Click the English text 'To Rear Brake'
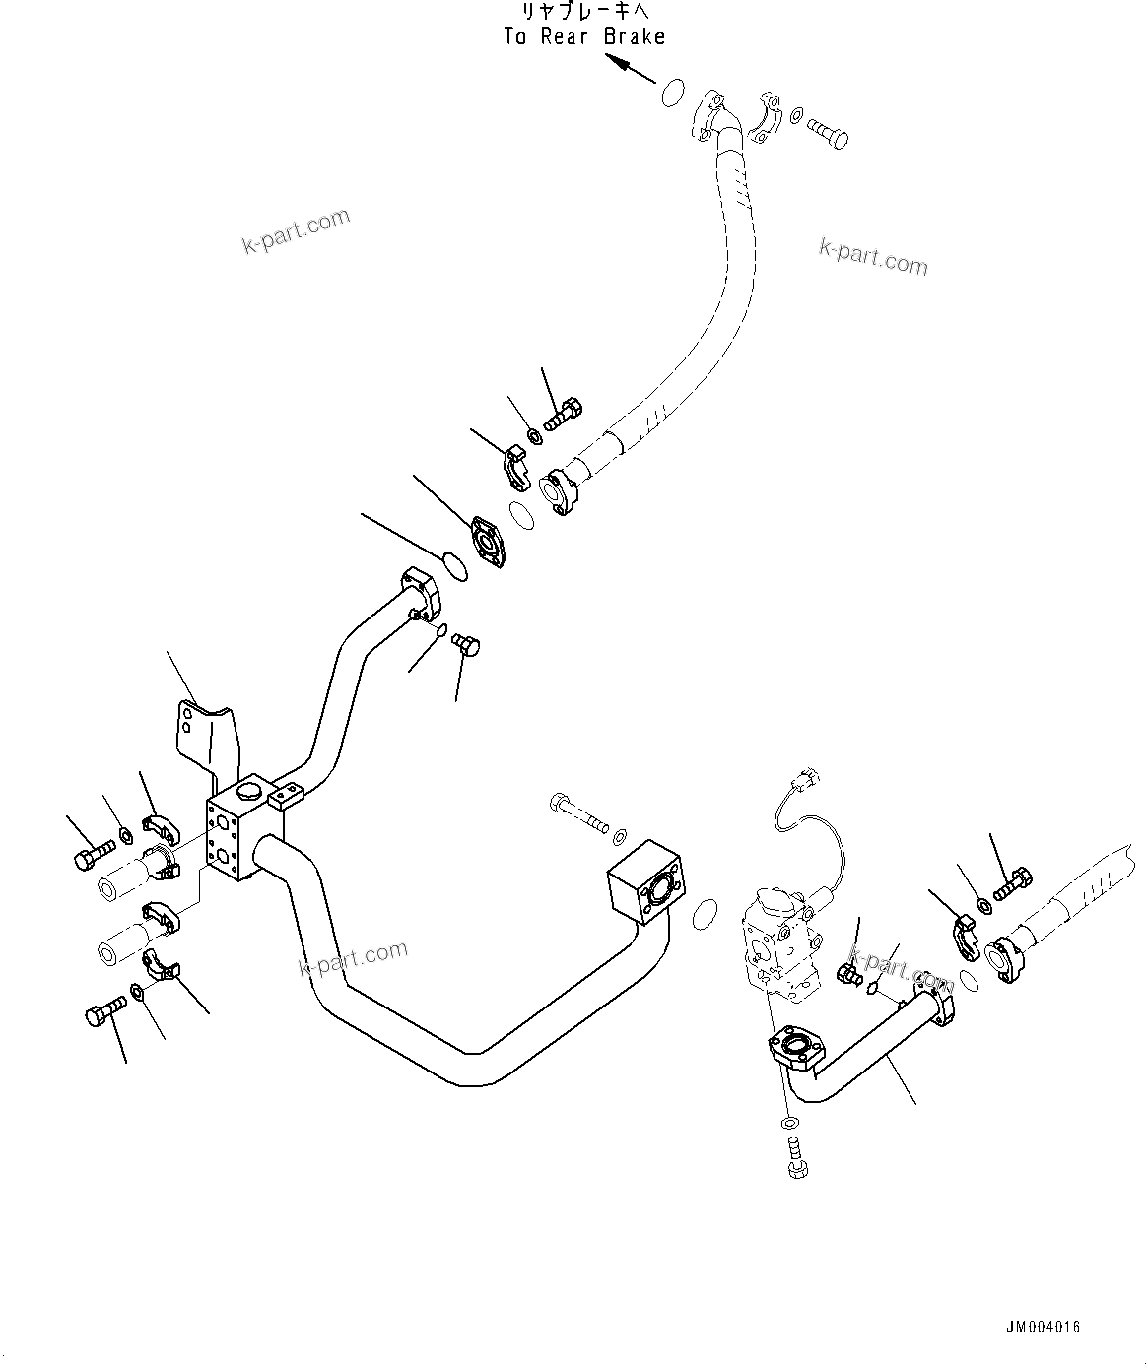tap(584, 36)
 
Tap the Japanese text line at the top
tap(583, 12)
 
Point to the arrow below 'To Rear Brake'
tap(630, 70)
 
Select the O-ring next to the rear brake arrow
tap(671, 93)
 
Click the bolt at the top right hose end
tap(827, 131)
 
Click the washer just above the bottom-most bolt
tap(789, 1124)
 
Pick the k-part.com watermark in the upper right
tap(873, 258)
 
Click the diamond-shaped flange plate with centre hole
tap(488, 542)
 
